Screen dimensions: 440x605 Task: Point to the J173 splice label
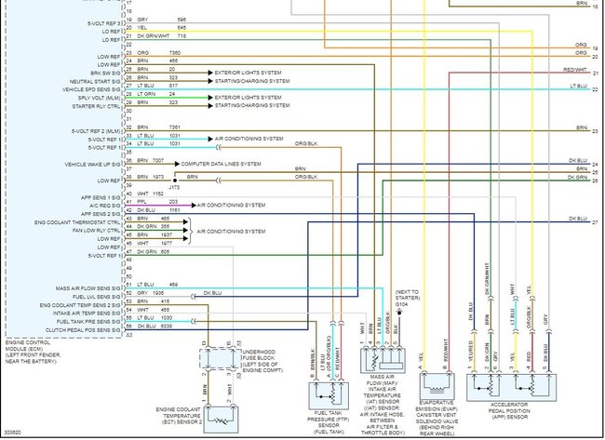(174, 186)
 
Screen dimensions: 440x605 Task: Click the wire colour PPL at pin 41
(141, 202)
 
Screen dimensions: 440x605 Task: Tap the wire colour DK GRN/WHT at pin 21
(149, 36)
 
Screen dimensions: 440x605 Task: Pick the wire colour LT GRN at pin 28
(145, 95)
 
